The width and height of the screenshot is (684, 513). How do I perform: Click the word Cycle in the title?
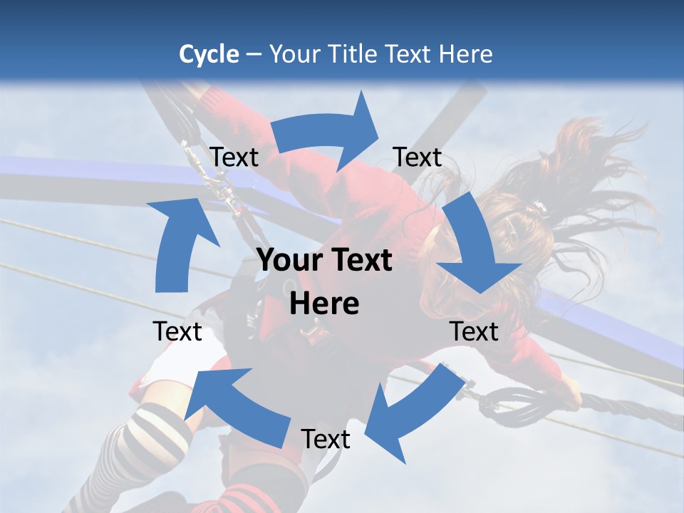pos(209,54)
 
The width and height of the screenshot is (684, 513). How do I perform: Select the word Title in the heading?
pos(353,54)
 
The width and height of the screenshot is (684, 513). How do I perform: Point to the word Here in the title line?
pos(466,54)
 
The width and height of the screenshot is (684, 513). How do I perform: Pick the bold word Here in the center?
pos(324,304)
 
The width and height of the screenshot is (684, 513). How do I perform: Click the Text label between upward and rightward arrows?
pos(234,157)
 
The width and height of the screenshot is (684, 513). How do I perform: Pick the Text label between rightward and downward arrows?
pos(418,157)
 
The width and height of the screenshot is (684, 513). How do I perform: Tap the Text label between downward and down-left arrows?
pos(474,331)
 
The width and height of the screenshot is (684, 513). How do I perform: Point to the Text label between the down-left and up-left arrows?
pos(326,439)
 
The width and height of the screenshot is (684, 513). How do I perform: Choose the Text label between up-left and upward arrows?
pos(177,331)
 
